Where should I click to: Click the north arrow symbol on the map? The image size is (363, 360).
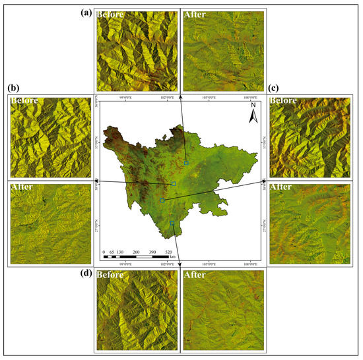pyautogui.click(x=251, y=115)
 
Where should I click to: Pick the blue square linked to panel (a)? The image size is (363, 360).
pyautogui.click(x=186, y=162)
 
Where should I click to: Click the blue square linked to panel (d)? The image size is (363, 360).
pyautogui.click(x=172, y=224)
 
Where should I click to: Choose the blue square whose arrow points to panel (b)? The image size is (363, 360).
pyautogui.click(x=174, y=183)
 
